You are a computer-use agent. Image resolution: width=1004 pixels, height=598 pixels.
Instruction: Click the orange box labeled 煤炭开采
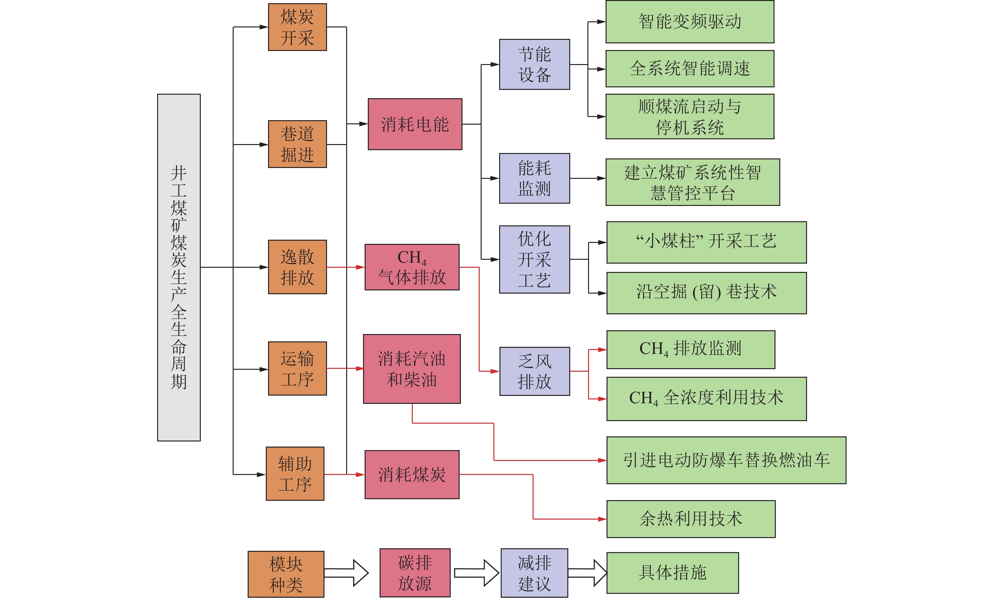tap(297, 27)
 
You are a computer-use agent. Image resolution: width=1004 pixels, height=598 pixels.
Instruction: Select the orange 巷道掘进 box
tap(297, 144)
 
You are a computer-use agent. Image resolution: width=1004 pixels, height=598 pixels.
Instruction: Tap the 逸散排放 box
tap(297, 267)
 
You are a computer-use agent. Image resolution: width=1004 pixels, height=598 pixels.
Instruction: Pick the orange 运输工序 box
tap(297, 368)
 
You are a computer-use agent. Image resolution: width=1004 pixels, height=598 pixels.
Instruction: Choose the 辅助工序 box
tap(295, 473)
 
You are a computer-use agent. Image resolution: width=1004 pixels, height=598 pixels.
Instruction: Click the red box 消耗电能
tap(415, 124)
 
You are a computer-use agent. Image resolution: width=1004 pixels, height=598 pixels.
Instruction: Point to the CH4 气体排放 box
tap(412, 267)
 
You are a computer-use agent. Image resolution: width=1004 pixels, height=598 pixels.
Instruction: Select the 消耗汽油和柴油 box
tap(412, 369)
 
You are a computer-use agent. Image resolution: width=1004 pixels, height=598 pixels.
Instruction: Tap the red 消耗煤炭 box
tap(412, 474)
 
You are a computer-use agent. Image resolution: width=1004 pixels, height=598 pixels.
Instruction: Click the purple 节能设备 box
tap(534, 64)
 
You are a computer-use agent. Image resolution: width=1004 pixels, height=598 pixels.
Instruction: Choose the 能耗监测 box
tap(534, 178)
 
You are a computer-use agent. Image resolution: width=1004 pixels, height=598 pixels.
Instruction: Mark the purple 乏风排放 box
tap(535, 371)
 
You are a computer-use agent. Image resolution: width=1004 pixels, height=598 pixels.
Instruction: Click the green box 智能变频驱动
tap(690, 22)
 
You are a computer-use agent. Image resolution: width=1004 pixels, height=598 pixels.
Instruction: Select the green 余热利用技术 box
tap(691, 519)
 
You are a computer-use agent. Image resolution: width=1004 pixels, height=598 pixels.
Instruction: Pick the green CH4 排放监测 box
tap(691, 349)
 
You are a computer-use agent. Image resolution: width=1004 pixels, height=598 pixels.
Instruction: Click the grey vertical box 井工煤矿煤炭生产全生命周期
tap(179, 267)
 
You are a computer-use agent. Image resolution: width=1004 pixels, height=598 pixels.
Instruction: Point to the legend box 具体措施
tap(673, 572)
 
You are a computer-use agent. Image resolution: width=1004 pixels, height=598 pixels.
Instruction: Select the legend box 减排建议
tap(534, 572)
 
